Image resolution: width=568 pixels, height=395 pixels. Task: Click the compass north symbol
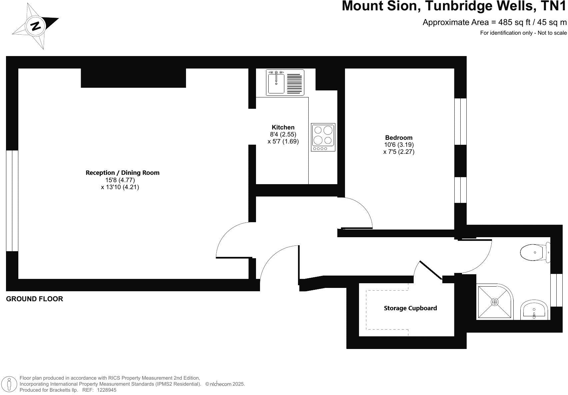[35, 26]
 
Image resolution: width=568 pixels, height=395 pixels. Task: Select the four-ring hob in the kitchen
[323, 137]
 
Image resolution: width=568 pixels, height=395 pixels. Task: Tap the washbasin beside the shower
[534, 310]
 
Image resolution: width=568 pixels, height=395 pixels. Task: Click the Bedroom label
[399, 137]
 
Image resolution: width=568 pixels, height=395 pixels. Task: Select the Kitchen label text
[283, 127]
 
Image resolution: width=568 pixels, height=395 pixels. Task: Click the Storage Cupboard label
[410, 308]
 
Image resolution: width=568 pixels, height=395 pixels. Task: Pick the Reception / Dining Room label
[123, 172]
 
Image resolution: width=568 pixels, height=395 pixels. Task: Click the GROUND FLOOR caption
[35, 299]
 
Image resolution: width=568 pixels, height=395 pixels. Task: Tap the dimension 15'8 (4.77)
[120, 180]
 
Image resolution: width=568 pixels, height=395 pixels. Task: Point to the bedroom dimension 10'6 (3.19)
[399, 145]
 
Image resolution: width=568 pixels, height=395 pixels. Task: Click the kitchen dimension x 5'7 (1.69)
[283, 141]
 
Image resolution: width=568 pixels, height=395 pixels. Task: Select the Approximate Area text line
[494, 22]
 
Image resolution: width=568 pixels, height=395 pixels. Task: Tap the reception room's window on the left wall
[12, 201]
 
